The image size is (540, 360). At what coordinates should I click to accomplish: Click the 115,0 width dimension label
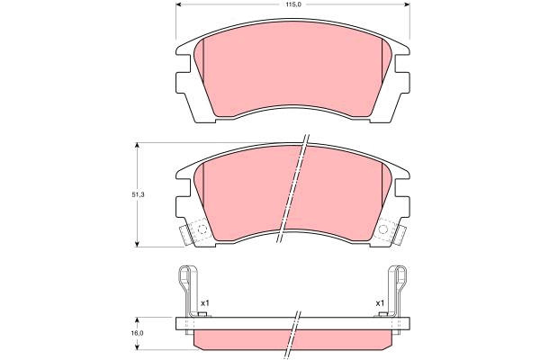pyautogui.click(x=292, y=4)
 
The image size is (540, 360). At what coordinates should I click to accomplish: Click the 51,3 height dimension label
pyautogui.click(x=138, y=194)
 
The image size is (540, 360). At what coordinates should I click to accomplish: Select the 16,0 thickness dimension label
pyautogui.click(x=138, y=333)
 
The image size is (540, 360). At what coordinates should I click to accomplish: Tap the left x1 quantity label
pyautogui.click(x=205, y=303)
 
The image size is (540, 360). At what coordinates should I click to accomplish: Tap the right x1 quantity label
pyautogui.click(x=380, y=303)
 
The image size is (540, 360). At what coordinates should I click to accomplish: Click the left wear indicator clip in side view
pyautogui.click(x=187, y=290)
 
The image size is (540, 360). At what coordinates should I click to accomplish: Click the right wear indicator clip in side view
pyautogui.click(x=398, y=290)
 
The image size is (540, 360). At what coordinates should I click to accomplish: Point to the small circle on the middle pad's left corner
pyautogui.click(x=202, y=229)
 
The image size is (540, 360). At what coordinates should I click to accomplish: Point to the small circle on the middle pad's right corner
pyautogui.click(x=383, y=229)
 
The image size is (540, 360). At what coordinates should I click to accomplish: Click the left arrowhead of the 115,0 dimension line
pyautogui.click(x=179, y=4)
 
